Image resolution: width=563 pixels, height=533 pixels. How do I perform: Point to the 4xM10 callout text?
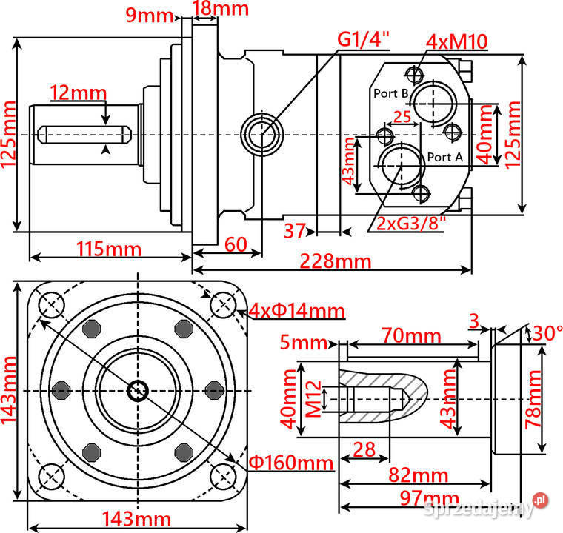click(456, 41)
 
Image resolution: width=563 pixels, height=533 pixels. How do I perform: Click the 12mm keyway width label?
click(79, 92)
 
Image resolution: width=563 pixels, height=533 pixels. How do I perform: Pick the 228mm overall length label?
click(335, 261)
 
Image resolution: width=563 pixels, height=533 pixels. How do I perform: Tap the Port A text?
click(445, 157)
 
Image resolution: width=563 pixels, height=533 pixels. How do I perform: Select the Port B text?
click(390, 93)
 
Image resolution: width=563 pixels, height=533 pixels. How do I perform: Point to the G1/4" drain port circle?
click(262, 134)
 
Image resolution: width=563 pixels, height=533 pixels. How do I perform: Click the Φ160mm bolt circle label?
click(290, 463)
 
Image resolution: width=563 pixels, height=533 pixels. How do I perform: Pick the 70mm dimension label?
click(411, 335)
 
